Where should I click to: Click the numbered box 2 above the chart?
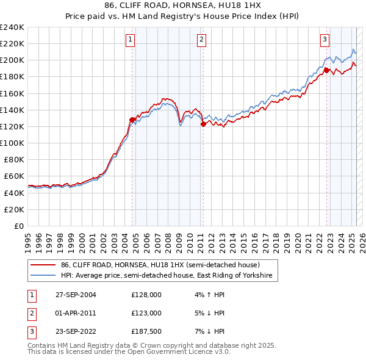[201, 40]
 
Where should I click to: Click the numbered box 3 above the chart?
[325, 40]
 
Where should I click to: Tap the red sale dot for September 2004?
[132, 120]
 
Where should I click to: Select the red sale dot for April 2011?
[203, 124]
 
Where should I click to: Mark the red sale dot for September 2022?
[326, 70]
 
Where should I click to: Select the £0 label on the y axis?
[18, 226]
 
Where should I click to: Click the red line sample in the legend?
[43, 265]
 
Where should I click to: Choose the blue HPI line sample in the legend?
[43, 276]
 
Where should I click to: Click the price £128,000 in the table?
[146, 294]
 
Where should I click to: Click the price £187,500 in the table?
[146, 332]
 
